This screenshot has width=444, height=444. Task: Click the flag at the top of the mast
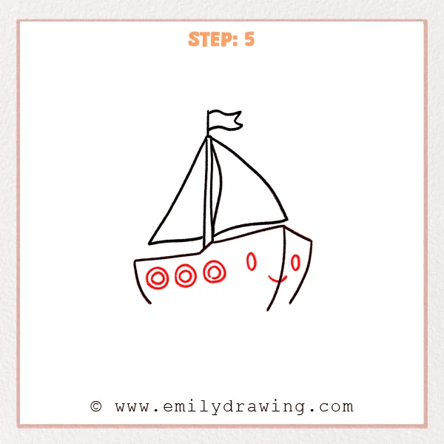pos(224,120)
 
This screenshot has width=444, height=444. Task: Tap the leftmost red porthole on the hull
pos(158,278)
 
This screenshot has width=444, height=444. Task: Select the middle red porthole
pos(185,276)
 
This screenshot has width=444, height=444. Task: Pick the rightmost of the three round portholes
pos(215,272)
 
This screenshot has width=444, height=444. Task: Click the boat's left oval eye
pos(252,261)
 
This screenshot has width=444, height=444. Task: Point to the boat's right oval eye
pos(295,263)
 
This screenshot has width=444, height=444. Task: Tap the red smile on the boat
pos(276,280)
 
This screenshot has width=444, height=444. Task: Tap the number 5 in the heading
pos(249,39)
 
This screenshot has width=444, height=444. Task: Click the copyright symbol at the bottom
pos(95,406)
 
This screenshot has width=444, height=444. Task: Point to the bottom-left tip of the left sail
pos(150,243)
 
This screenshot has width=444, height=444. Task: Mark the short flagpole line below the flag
pos(209,124)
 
